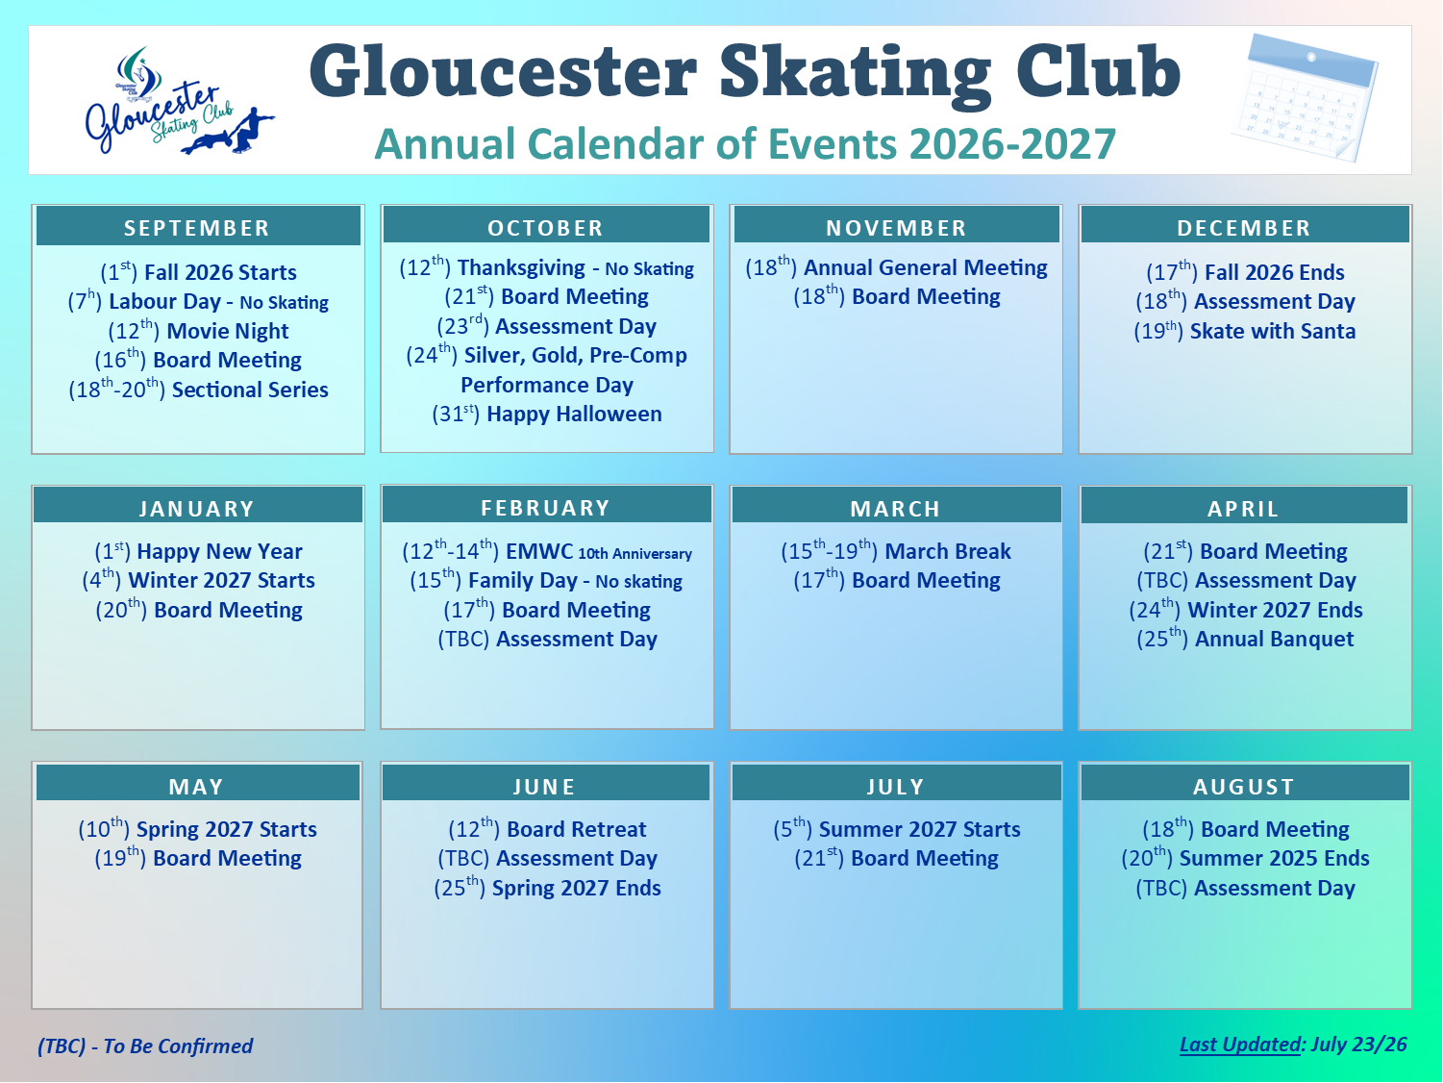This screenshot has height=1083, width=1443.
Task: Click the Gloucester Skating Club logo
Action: pos(180,101)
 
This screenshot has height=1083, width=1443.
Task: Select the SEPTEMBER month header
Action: pos(198,227)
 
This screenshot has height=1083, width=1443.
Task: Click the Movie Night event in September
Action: pos(198,330)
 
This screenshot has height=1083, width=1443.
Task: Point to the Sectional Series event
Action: pos(198,389)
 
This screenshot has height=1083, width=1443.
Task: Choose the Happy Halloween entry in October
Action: pos(547,414)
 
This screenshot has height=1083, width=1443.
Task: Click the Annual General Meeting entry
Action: pos(896,267)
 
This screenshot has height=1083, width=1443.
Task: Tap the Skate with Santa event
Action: pos(1244,330)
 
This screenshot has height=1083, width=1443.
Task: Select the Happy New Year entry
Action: pos(198,550)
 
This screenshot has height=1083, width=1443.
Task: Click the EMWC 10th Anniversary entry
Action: pos(547,550)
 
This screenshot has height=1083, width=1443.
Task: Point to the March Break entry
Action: pos(895,550)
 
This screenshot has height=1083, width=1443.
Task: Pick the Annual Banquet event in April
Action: pos(1245,639)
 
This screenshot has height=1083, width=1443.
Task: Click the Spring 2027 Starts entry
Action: pos(197,828)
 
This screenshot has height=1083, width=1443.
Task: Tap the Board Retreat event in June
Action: pos(547,828)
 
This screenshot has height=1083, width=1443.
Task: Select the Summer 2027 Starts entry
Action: pos(897,828)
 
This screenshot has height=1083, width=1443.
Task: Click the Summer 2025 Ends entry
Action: pos(1245,858)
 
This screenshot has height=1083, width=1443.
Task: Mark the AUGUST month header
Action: pos(1244,786)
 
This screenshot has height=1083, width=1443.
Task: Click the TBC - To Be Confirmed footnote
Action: pos(145,1045)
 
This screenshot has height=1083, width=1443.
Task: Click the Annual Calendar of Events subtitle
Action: pos(745,143)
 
